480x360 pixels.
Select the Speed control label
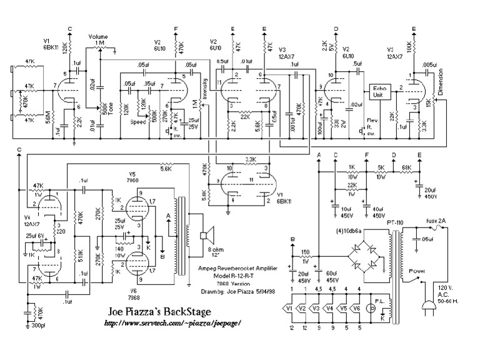coord(138,122)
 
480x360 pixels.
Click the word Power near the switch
coord(417,272)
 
